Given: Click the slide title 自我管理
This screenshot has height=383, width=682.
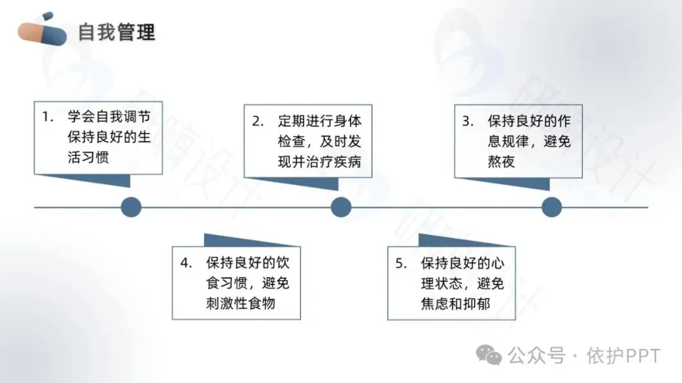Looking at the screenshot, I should pyautogui.click(x=117, y=32).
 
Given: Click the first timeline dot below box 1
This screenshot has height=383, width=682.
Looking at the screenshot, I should pyautogui.click(x=131, y=206).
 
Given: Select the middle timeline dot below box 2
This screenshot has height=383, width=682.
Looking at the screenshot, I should pyautogui.click(x=341, y=206).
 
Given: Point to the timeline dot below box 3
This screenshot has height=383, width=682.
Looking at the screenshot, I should pyautogui.click(x=551, y=206).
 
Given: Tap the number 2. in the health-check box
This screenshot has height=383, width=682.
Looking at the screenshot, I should pyautogui.click(x=257, y=121).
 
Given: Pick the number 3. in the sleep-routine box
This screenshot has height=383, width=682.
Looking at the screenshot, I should pyautogui.click(x=467, y=121).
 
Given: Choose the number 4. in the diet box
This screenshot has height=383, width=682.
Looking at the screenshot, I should pyautogui.click(x=186, y=263).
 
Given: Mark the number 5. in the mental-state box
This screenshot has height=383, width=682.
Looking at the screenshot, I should pyautogui.click(x=401, y=263).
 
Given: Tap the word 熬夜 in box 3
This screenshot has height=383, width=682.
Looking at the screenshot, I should pyautogui.click(x=501, y=162).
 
